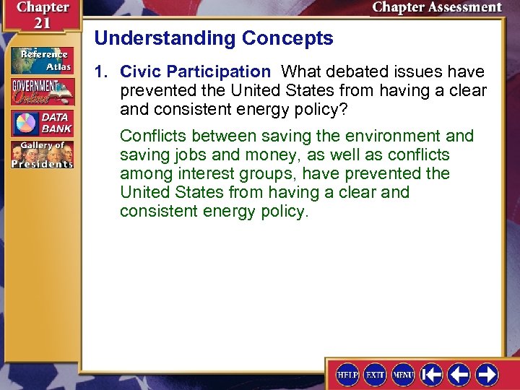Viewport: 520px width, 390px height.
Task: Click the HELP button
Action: pyautogui.click(x=348, y=374)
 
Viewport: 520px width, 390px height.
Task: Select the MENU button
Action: pyautogui.click(x=403, y=374)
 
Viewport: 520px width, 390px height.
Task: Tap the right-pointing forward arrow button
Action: pyautogui.click(x=487, y=374)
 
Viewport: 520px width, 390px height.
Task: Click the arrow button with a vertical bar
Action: pyautogui.click(x=432, y=374)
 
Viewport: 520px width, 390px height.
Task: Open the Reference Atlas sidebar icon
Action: pyautogui.click(x=41, y=60)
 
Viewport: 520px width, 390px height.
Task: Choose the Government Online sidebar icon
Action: pyautogui.click(x=41, y=92)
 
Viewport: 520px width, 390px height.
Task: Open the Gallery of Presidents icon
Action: pyautogui.click(x=41, y=155)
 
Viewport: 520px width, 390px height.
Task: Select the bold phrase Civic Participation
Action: pyautogui.click(x=194, y=71)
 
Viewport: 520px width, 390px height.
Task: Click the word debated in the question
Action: pyautogui.click(x=352, y=71)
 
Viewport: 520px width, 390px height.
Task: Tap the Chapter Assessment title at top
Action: pyautogui.click(x=436, y=8)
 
